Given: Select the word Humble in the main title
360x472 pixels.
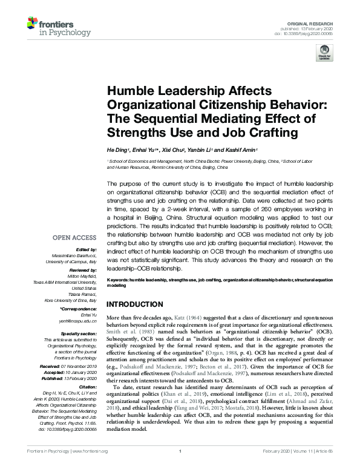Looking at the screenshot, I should (x=128, y=91).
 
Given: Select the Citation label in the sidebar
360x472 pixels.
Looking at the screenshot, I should (x=88, y=370).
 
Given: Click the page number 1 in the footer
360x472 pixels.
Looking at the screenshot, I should (x=180, y=468).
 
